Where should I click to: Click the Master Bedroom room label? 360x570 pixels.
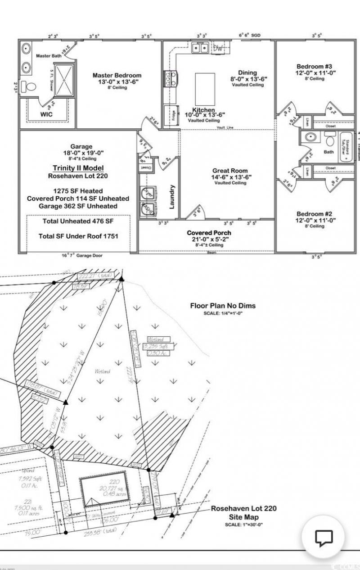tap(117, 76)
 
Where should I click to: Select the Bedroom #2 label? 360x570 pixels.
tap(314, 214)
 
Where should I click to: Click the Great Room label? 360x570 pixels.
tap(230, 171)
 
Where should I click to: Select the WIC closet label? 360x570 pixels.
tap(46, 114)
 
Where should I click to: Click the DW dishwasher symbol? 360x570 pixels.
tap(219, 48)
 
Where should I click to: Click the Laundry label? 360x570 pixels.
tap(173, 197)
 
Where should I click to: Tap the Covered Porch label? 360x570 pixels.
tap(209, 233)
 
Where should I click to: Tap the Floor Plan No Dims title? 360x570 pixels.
tap(222, 306)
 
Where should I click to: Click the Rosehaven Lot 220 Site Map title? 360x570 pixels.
tap(243, 513)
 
